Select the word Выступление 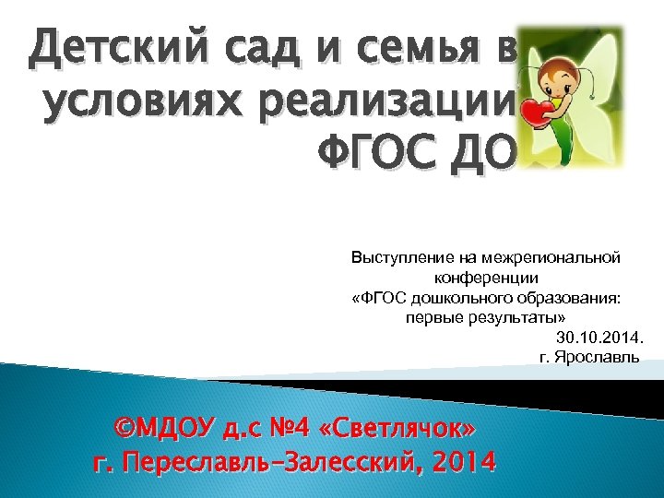click(397, 258)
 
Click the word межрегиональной click(551, 258)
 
